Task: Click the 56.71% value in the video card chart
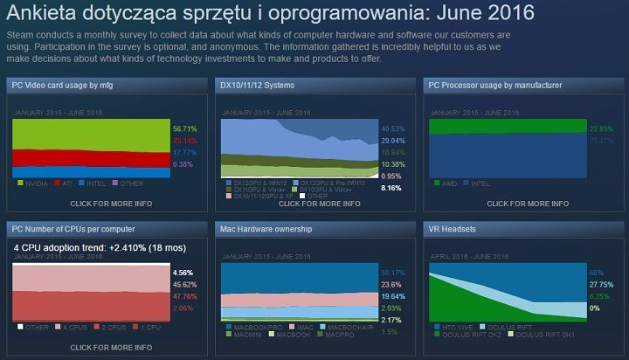click(185, 128)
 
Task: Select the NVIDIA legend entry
click(35, 183)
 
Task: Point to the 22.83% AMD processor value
click(601, 128)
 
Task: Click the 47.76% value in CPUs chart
click(185, 296)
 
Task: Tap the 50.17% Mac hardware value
click(393, 273)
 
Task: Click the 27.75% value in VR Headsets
click(601, 284)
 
